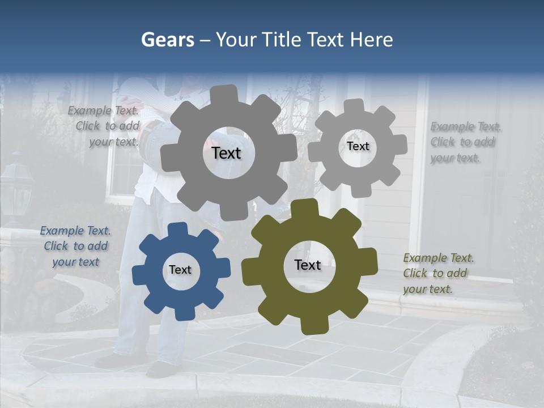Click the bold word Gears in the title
[x=167, y=40]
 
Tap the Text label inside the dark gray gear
[x=226, y=153]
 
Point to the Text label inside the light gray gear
[x=358, y=146]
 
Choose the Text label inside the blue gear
[x=180, y=270]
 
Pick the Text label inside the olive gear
[x=308, y=265]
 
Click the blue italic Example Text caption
[x=75, y=246]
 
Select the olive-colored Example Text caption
[x=438, y=273]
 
